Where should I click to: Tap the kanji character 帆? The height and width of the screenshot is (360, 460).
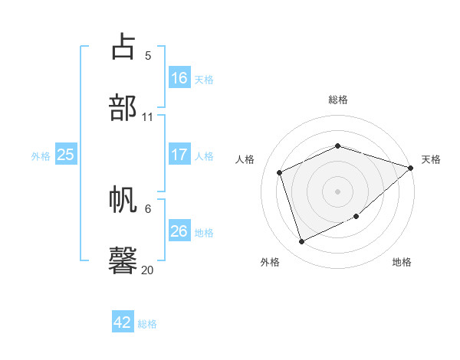tap(123, 200)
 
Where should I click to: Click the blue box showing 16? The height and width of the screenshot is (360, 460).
tap(179, 77)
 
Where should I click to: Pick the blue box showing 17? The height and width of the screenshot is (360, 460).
tap(179, 155)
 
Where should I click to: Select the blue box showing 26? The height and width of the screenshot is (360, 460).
tap(179, 231)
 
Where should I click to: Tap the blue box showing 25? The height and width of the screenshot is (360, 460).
tap(66, 155)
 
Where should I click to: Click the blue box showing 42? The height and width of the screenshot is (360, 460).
tap(123, 322)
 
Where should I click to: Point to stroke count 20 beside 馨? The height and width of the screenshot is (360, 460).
tap(147, 270)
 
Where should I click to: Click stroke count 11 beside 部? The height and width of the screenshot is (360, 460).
tap(147, 117)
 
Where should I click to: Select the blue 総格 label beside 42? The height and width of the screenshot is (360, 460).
tap(147, 324)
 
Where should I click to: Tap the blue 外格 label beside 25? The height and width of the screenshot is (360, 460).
tap(41, 156)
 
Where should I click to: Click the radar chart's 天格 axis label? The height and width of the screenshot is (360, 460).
tap(431, 159)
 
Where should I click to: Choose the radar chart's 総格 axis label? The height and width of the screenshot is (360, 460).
tap(338, 100)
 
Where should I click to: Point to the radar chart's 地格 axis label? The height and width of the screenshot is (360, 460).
tap(402, 263)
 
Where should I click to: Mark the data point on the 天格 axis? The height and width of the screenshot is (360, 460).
tap(411, 169)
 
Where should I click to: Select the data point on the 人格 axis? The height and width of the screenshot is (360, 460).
tap(280, 172)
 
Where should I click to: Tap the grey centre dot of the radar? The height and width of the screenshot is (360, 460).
tap(337, 191)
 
